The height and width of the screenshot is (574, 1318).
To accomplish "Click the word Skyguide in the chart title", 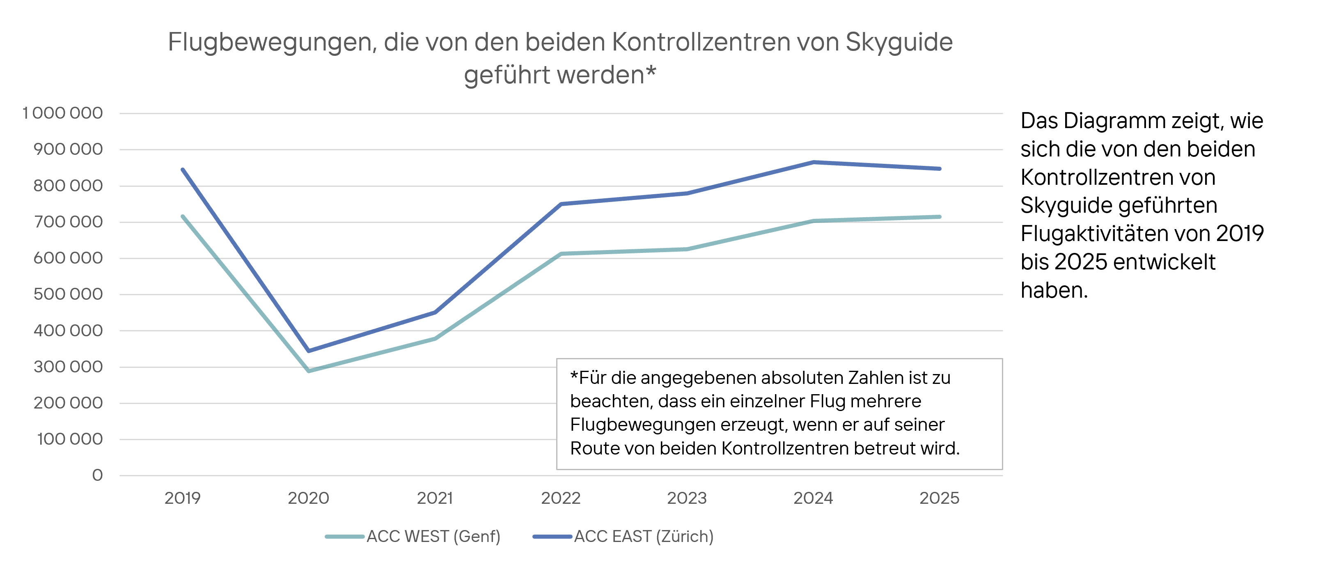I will (899, 42).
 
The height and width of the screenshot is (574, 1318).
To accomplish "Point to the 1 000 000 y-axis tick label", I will (62, 113).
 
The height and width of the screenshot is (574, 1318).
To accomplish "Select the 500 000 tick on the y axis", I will (68, 294).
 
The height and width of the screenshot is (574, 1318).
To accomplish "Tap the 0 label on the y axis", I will (97, 475).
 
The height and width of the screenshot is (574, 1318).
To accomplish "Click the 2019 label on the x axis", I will (182, 498).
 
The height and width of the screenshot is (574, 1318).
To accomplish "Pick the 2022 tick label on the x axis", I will (561, 498).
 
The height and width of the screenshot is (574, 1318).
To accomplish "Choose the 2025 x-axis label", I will (940, 498).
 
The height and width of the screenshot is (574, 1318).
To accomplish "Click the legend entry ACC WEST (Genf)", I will (433, 536).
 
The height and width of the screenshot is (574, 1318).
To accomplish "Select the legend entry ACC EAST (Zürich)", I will (643, 536).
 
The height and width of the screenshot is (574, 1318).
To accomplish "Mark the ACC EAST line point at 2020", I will (309, 351).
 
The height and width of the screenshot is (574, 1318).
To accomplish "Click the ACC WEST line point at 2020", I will (309, 370).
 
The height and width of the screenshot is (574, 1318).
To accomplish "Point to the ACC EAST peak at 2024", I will (814, 162).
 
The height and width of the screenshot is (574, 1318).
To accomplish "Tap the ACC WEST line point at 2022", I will (561, 254).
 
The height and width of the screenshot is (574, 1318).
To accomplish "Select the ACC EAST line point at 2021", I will (435, 312).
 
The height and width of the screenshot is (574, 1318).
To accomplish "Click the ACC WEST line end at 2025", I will (940, 217).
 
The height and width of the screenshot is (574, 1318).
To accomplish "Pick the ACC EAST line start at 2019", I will (183, 169).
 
